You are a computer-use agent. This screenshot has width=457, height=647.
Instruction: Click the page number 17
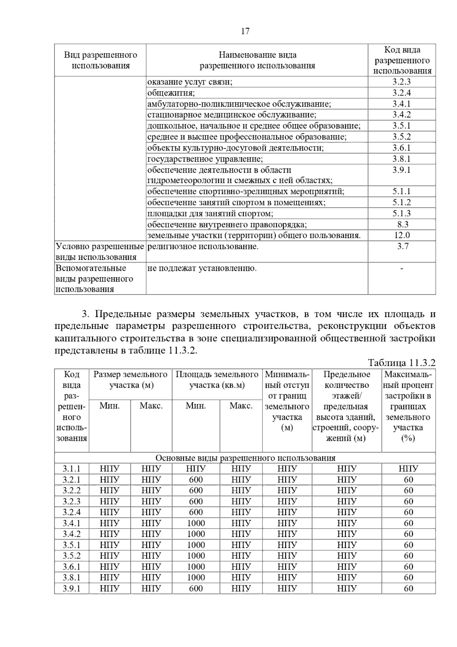tap(245, 31)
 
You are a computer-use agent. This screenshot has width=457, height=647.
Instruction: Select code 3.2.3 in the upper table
tap(402, 82)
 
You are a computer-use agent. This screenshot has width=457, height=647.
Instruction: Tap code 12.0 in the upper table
tap(402, 235)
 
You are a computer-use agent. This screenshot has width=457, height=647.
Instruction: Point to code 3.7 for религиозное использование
tap(403, 247)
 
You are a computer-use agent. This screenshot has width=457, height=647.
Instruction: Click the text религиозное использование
tap(203, 247)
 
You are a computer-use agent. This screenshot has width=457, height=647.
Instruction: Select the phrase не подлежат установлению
tap(202, 268)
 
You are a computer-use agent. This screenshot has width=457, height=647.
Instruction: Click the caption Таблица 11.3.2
tap(401, 362)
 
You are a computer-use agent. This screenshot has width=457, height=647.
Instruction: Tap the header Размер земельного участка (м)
tap(131, 380)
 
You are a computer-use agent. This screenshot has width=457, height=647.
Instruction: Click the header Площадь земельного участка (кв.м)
tap(217, 380)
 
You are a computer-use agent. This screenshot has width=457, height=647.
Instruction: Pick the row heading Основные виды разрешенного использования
tap(245, 458)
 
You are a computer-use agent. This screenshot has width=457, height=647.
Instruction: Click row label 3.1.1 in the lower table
tap(72, 469)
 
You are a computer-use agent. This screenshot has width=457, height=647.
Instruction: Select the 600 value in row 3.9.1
tap(196, 588)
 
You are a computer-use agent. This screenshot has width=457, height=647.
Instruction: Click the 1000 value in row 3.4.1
tap(196, 523)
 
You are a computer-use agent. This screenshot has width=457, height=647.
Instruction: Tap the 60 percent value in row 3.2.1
tap(408, 480)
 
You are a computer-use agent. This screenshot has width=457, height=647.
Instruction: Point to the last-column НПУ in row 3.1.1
tap(408, 469)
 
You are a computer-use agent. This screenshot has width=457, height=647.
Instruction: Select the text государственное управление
tap(205, 159)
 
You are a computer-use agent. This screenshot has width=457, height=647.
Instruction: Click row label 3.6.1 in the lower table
tap(72, 567)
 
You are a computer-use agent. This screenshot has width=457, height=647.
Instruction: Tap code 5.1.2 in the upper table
tap(402, 202)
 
